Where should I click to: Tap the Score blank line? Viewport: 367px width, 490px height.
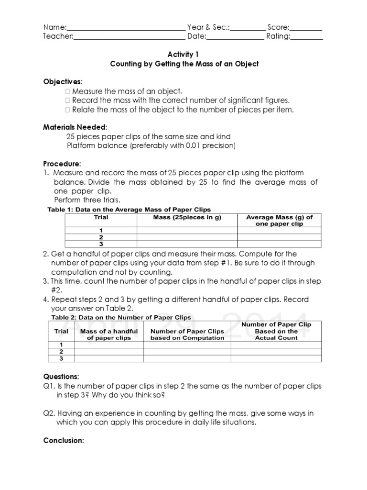306,28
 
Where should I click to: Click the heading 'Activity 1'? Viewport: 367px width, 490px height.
184,55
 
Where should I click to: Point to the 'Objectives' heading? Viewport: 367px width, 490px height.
62,81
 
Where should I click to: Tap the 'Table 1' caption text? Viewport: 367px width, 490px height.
129,210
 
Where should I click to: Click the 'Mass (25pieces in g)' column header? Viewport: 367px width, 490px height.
187,217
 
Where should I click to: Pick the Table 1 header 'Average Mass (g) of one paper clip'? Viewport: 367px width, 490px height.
279,220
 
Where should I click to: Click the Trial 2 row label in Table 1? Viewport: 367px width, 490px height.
101,237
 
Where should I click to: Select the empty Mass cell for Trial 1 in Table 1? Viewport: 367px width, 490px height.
187,230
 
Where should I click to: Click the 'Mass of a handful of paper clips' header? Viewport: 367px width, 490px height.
109,334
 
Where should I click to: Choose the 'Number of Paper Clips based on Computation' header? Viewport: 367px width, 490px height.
187,334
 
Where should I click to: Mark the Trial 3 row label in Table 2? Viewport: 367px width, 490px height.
61,358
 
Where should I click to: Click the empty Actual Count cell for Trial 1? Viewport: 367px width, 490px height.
276,345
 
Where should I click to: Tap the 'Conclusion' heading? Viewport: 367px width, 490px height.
63,440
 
